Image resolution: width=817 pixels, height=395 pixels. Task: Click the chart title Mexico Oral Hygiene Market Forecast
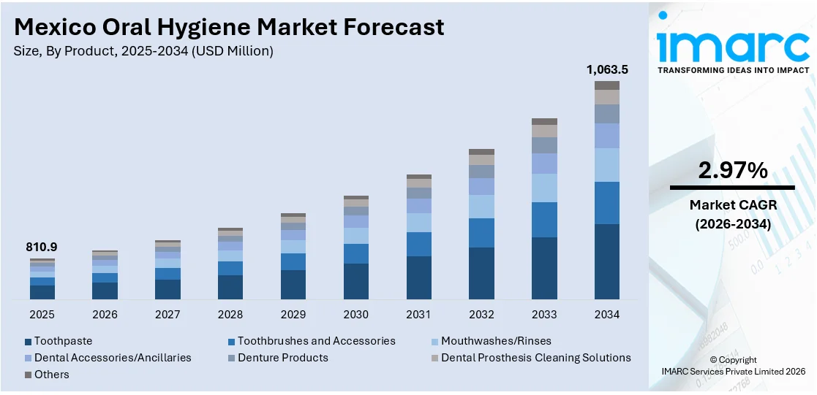[229, 27]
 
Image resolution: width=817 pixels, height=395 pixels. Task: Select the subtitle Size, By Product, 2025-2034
[143, 51]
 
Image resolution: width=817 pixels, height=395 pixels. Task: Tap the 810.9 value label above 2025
[42, 248]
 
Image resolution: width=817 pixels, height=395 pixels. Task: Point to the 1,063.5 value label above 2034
[607, 70]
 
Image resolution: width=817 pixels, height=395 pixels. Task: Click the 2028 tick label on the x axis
[230, 315]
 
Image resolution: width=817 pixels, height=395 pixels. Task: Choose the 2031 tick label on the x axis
[418, 315]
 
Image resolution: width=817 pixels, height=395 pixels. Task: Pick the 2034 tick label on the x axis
[606, 315]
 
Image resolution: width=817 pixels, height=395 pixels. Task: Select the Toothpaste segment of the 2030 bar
[356, 281]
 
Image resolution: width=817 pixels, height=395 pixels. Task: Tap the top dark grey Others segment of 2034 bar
[606, 85]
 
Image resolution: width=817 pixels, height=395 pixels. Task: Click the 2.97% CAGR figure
[732, 171]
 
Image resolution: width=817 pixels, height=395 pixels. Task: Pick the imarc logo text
[732, 45]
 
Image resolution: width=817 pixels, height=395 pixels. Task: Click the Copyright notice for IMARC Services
[732, 366]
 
